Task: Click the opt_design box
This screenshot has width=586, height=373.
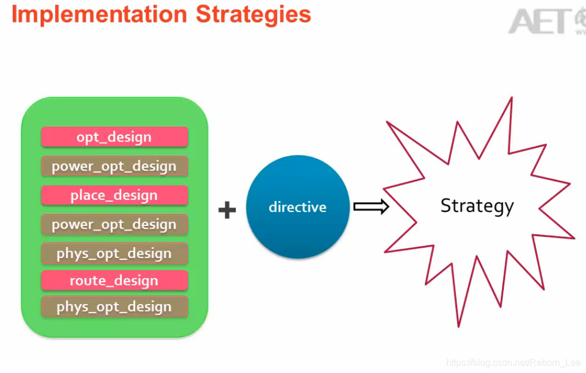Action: coord(114,137)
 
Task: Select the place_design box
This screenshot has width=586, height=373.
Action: coord(114,195)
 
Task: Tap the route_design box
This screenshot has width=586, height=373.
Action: coord(114,280)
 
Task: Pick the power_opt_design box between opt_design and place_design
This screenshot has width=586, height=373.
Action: coord(114,166)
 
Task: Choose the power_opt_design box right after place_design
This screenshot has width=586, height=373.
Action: coord(114,224)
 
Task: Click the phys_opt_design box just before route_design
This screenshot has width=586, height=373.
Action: coord(114,253)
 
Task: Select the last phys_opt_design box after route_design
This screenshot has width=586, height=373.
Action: coord(114,307)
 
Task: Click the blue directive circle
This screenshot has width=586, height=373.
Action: coord(297,207)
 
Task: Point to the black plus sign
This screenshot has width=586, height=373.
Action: coord(227,210)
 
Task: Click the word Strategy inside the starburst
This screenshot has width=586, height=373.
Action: coord(477,206)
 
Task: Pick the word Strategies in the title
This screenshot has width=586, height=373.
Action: coord(254,14)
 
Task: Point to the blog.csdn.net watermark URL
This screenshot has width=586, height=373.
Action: coord(514,363)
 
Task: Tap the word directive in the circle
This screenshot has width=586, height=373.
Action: coord(297,207)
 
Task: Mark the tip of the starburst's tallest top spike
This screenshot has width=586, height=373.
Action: coord(511,98)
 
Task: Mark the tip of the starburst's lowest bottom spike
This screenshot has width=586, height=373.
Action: coord(458,326)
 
